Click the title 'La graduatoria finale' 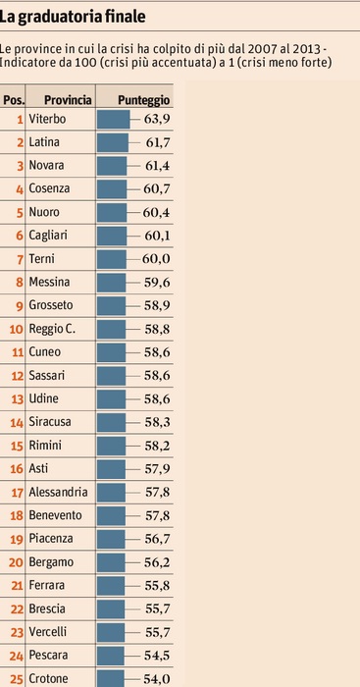[x=73, y=17]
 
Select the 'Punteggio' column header [x=143, y=100]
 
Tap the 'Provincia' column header [x=69, y=100]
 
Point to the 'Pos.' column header [x=14, y=100]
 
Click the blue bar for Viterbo [x=114, y=119]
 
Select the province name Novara [x=46, y=166]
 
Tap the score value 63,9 [x=157, y=119]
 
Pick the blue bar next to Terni [x=112, y=259]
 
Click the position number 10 [x=16, y=330]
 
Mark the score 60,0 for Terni [x=156, y=259]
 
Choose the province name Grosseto [x=51, y=306]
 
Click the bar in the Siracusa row [x=111, y=423]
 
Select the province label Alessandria [x=58, y=493]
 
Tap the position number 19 [x=17, y=540]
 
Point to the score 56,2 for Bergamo [x=157, y=562]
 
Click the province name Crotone [x=48, y=679]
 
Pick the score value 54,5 [x=157, y=656]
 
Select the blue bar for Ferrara [x=111, y=586]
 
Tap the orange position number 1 [x=20, y=119]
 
